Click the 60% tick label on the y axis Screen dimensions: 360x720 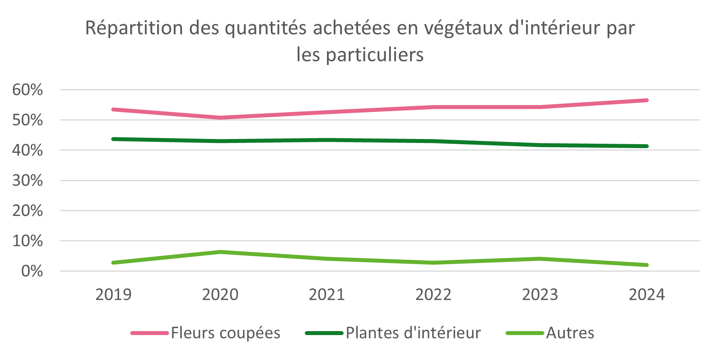click(x=27, y=90)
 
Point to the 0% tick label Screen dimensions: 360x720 click(x=32, y=271)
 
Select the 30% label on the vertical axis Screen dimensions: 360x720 click(x=27, y=181)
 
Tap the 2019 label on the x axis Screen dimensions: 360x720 click(x=113, y=295)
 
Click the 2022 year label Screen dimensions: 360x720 click(x=433, y=295)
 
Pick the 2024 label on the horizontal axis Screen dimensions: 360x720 click(x=647, y=295)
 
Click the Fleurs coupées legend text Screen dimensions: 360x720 click(x=226, y=333)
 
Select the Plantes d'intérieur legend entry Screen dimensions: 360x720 click(x=413, y=333)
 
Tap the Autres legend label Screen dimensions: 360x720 click(x=570, y=333)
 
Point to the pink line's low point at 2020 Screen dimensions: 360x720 click(x=220, y=118)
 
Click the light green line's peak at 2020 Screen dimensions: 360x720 click(x=220, y=252)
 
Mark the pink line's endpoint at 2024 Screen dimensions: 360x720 click(x=646, y=100)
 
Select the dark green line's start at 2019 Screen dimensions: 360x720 click(x=114, y=139)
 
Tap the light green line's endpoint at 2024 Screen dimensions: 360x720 click(x=646, y=265)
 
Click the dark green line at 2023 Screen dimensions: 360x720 click(x=540, y=145)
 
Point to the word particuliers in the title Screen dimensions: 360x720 click(x=374, y=55)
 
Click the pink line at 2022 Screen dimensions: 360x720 click(x=433, y=107)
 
